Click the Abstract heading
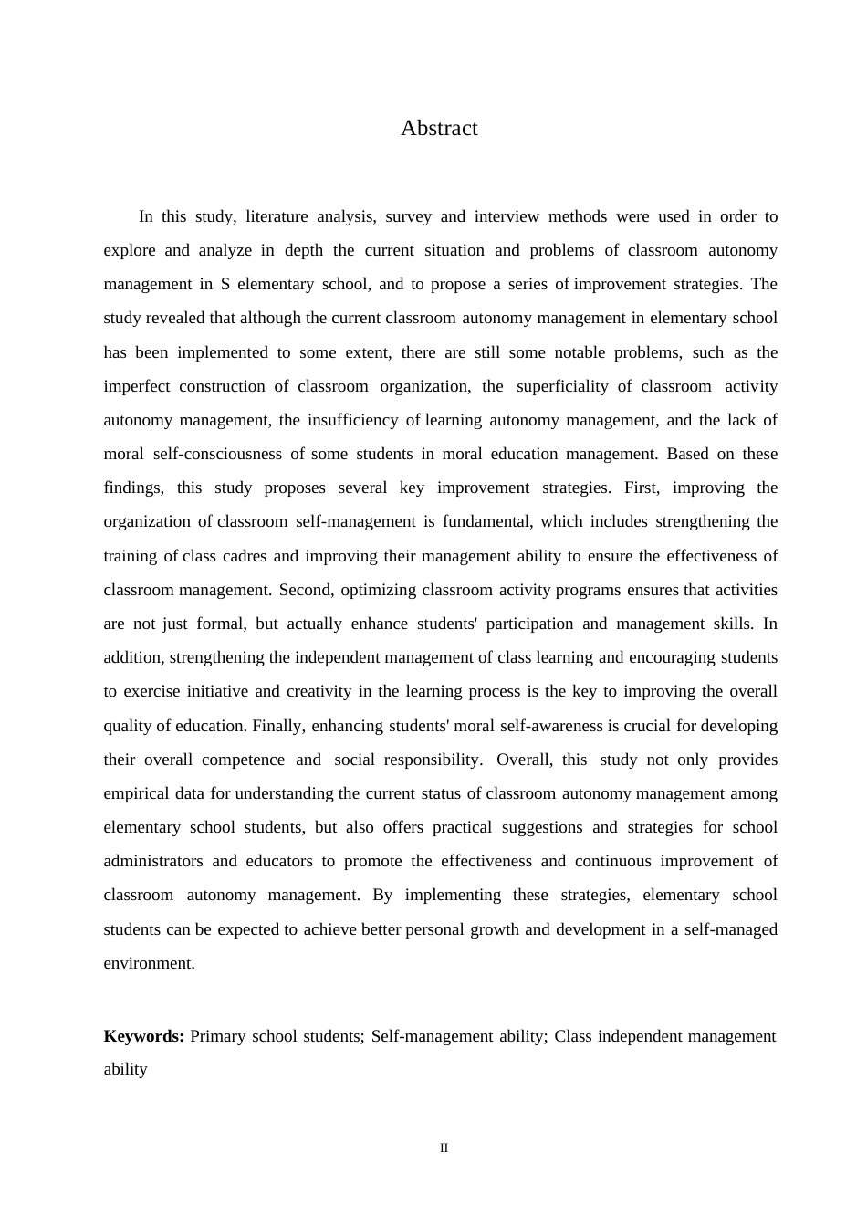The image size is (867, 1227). (x=439, y=129)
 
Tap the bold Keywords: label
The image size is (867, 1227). (x=144, y=1036)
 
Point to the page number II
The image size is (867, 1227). (x=444, y=1148)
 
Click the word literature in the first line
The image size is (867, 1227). (x=275, y=216)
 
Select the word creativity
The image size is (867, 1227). (x=319, y=691)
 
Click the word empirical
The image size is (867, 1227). (x=136, y=793)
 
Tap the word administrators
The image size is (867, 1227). (x=153, y=861)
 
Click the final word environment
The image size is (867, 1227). (x=148, y=963)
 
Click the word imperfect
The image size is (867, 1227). (x=137, y=386)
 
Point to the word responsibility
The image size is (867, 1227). (x=432, y=760)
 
